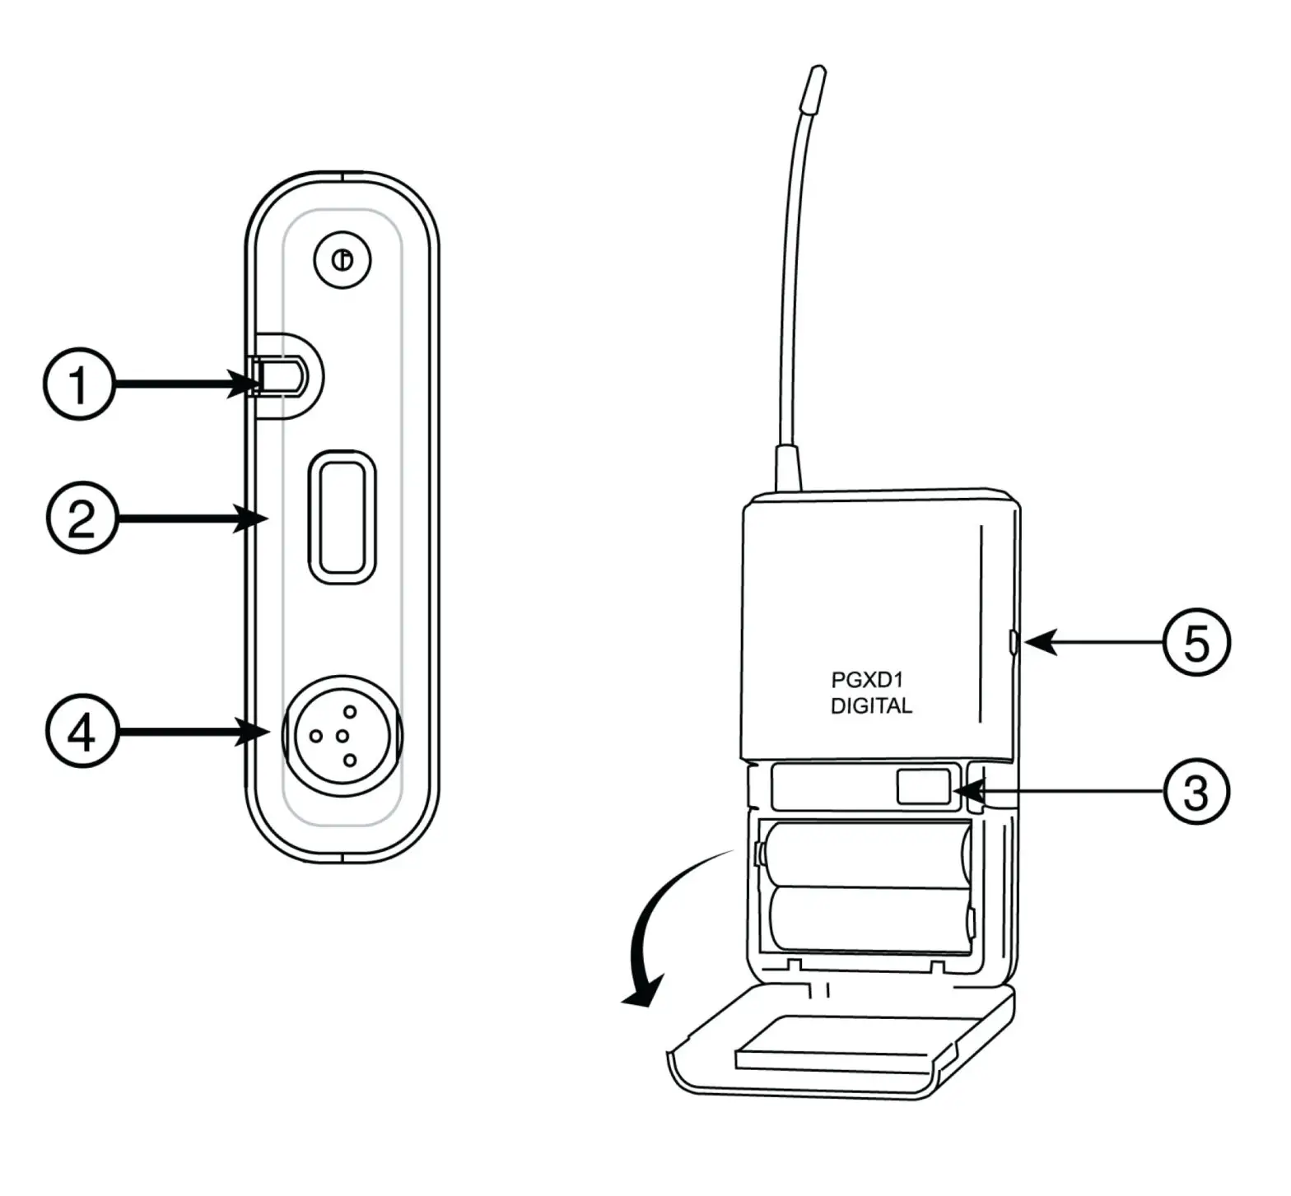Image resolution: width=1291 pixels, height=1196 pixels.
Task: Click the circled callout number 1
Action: [79, 384]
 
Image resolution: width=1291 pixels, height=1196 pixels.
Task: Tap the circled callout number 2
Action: [82, 519]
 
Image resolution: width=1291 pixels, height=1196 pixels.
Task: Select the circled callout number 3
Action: [1195, 792]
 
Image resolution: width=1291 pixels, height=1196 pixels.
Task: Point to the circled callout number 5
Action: [1195, 642]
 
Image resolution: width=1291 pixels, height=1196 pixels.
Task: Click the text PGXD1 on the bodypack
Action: [867, 681]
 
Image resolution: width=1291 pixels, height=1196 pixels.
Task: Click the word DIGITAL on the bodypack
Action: [871, 706]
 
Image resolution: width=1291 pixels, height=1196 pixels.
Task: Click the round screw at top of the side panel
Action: [343, 260]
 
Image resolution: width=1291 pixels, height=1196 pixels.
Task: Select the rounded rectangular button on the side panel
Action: [342, 517]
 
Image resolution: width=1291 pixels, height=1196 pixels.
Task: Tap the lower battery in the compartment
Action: [869, 918]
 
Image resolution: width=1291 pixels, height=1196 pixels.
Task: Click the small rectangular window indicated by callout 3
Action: [923, 787]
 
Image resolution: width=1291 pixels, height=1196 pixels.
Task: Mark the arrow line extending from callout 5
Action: [1095, 642]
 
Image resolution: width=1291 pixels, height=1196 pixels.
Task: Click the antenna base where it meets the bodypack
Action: [786, 469]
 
